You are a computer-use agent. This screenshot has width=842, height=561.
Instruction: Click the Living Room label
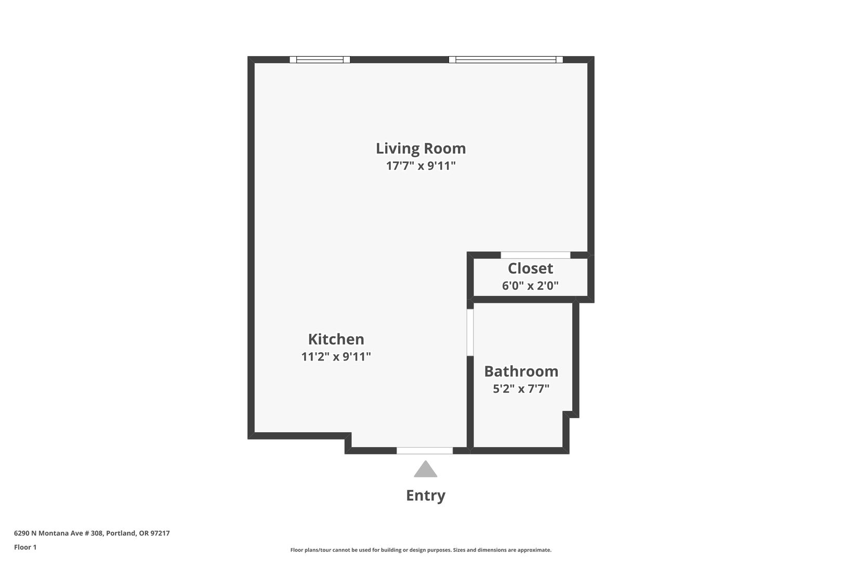pyautogui.click(x=420, y=149)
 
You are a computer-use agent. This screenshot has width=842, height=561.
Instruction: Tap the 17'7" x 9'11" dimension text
pyautogui.click(x=420, y=166)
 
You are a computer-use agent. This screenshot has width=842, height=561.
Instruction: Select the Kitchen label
pyautogui.click(x=336, y=339)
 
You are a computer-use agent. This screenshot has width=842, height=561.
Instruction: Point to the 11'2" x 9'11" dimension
pyautogui.click(x=336, y=356)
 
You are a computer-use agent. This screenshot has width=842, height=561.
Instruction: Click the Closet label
pyautogui.click(x=530, y=268)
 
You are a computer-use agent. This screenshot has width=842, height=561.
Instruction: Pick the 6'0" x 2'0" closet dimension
pyautogui.click(x=530, y=286)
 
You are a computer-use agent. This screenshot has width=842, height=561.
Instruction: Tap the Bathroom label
pyautogui.click(x=521, y=371)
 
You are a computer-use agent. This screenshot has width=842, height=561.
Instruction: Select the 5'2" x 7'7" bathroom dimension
pyautogui.click(x=521, y=389)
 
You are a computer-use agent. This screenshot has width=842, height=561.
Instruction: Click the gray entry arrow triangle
pyautogui.click(x=426, y=469)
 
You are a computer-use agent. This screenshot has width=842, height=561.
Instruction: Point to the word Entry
pyautogui.click(x=426, y=495)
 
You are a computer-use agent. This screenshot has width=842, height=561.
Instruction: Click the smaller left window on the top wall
pyautogui.click(x=320, y=59)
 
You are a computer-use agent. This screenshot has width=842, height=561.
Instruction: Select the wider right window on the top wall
pyautogui.click(x=506, y=59)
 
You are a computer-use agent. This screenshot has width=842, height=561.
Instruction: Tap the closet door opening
pyautogui.click(x=536, y=255)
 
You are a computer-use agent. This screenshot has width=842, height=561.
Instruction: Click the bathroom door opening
pyautogui.click(x=470, y=332)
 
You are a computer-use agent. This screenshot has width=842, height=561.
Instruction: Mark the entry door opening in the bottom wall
pyautogui.click(x=425, y=450)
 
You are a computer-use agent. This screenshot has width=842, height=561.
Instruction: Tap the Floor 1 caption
pyautogui.click(x=25, y=547)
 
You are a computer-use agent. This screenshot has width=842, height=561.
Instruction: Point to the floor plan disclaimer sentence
pyautogui.click(x=420, y=550)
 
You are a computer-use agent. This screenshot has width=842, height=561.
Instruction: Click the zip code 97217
pyautogui.click(x=160, y=533)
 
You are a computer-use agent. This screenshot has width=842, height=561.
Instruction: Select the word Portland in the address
pyautogui.click(x=121, y=533)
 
